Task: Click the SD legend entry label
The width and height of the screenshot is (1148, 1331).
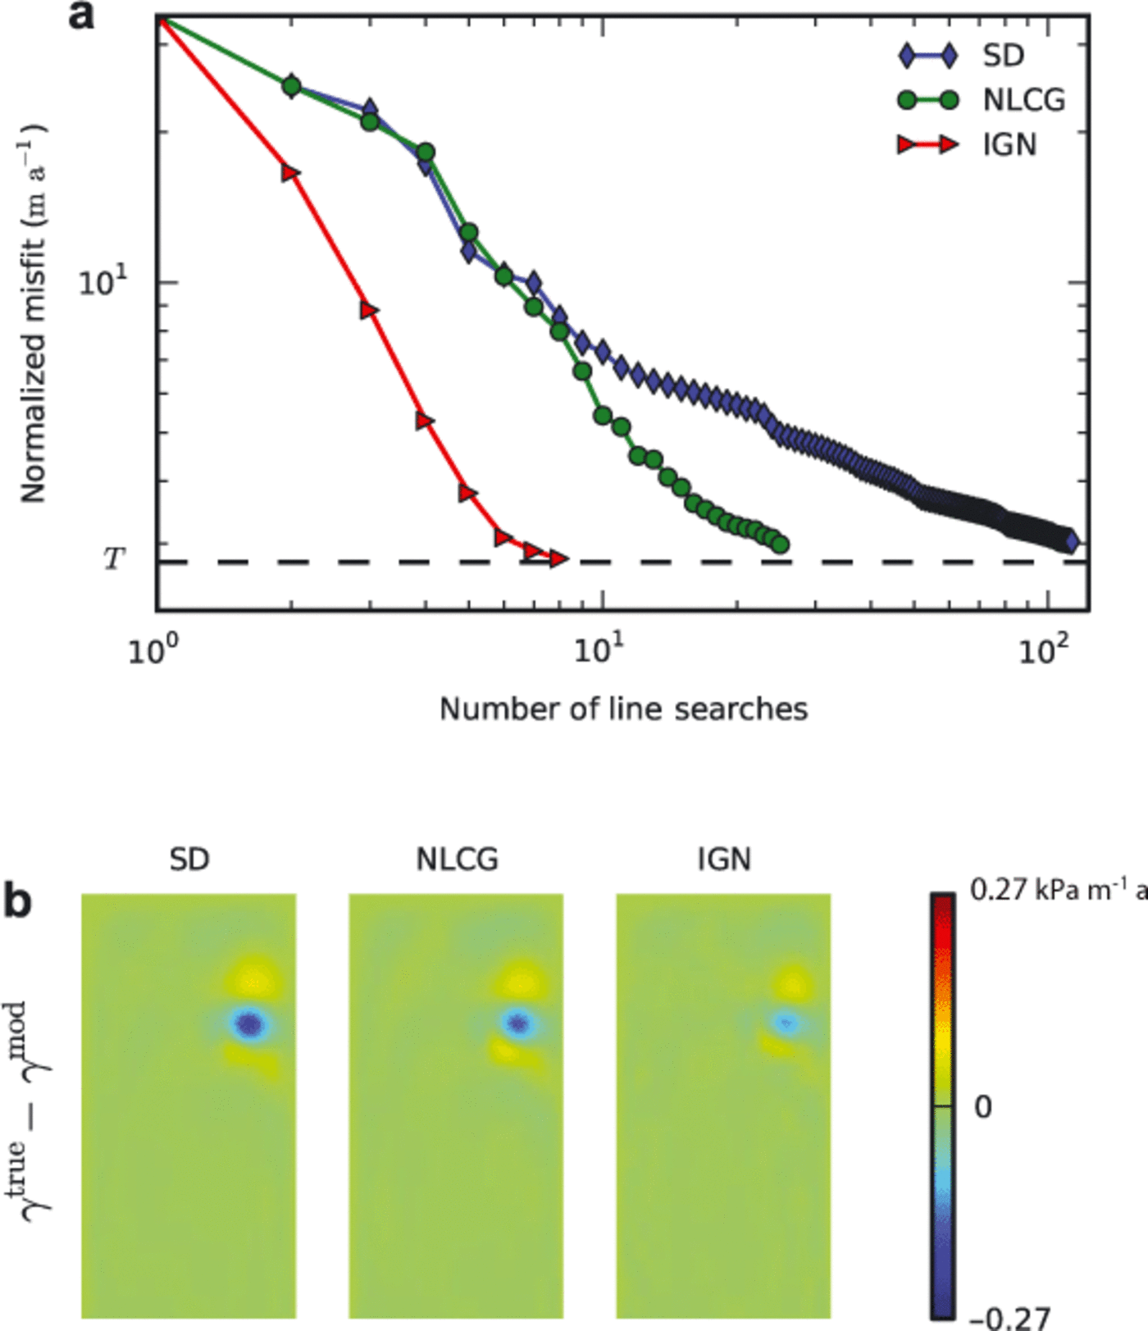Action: tap(1003, 56)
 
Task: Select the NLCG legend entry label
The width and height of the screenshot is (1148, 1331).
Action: tap(1023, 100)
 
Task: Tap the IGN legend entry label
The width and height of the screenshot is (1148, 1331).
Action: tap(1009, 145)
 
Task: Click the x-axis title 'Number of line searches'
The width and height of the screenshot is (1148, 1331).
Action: tap(623, 709)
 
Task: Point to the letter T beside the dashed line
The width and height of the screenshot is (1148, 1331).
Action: tap(113, 559)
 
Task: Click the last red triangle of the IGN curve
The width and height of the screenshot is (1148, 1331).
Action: tap(558, 558)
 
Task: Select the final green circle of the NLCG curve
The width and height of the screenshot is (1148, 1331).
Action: tap(781, 544)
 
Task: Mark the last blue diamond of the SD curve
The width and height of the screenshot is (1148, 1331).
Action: tap(1071, 540)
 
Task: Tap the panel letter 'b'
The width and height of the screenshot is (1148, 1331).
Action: tap(18, 901)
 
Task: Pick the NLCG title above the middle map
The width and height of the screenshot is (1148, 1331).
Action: tap(457, 859)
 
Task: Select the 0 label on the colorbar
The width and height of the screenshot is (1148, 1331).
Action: tap(982, 1107)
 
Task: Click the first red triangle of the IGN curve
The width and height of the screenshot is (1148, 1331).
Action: tap(290, 173)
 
